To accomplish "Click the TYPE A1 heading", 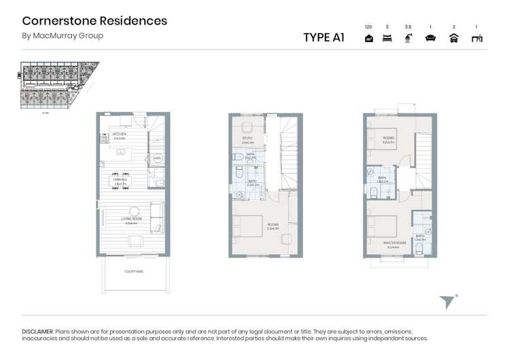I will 323,37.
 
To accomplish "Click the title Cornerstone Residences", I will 94,20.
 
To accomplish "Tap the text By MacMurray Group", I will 63,35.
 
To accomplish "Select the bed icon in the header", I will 387,39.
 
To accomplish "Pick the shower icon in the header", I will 408,39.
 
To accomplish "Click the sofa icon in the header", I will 430,39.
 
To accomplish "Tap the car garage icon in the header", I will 454,39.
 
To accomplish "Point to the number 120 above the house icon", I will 368,27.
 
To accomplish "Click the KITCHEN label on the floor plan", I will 120,134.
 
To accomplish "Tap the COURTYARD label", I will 133,271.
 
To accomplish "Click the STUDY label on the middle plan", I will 247,139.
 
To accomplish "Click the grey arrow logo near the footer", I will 446,302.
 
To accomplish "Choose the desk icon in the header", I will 477,39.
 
